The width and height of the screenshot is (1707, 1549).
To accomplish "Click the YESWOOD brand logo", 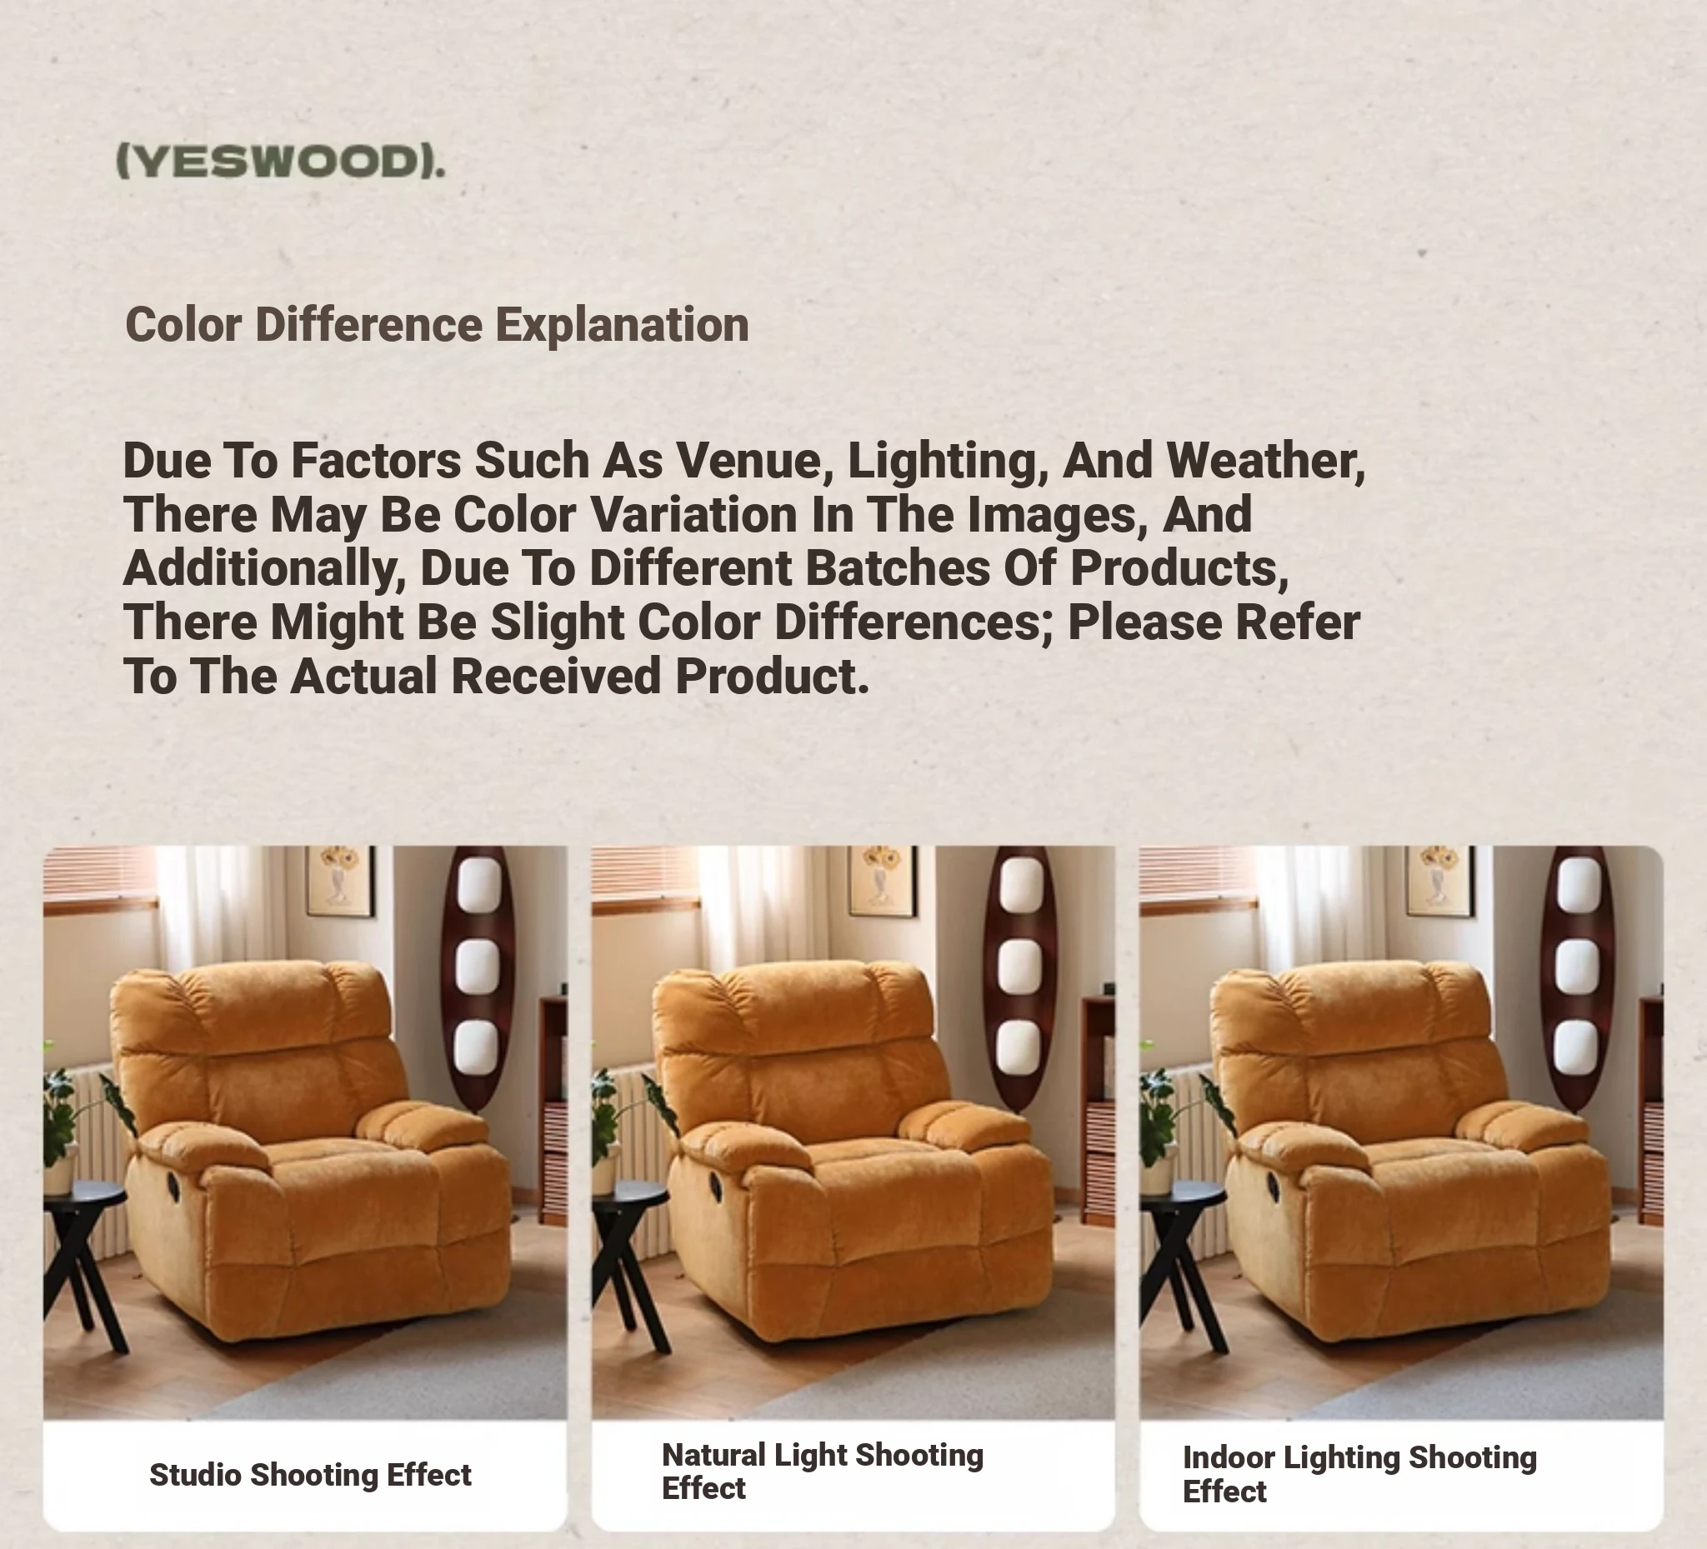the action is pos(280,161).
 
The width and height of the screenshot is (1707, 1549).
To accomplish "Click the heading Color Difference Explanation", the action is pos(437,325).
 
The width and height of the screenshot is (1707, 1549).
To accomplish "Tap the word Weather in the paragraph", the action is pos(1266,462).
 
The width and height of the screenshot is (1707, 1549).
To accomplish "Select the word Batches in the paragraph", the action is pos(898,568).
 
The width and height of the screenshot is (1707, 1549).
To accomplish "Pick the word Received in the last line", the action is pos(555,677).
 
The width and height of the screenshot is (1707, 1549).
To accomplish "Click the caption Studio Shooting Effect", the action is pos(310,1475).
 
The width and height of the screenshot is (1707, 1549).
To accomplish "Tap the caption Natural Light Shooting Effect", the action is pos(822,1472).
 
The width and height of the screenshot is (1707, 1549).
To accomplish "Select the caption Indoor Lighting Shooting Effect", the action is pos(1359,1474).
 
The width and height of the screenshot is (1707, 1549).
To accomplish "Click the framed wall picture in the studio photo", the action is pos(340,881).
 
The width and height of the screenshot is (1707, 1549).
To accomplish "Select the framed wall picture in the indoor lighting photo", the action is pos(1440,881).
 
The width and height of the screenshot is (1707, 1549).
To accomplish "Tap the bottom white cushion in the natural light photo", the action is pos(1019,1047).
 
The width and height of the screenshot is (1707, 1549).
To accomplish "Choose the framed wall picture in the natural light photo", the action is pos(882,881).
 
